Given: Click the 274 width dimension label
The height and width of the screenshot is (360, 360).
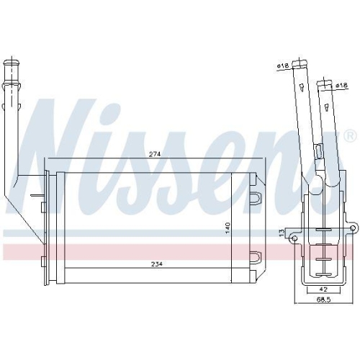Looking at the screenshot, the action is pos(155,154).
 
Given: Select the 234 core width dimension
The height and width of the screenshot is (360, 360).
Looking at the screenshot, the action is pos(157,264).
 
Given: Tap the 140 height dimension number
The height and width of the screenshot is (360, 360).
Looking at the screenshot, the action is pos(228,228).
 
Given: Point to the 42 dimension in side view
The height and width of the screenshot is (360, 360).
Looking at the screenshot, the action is pos(324,289).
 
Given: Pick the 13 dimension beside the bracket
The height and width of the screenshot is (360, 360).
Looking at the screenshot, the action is pos(282,232).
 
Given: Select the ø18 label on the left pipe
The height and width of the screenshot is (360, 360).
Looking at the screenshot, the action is pos(283,66).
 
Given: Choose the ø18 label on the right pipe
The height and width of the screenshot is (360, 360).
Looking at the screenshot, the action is pos(341,86).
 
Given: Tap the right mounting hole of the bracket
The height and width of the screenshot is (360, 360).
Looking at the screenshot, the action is pos(353,228).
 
